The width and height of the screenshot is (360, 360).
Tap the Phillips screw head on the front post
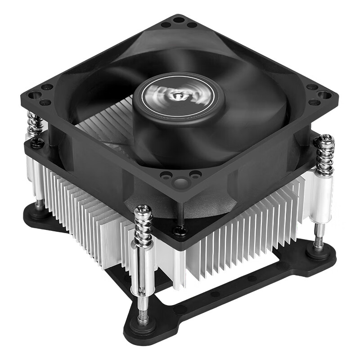pyautogui.click(x=143, y=212)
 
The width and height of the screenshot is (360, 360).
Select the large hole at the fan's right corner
pyautogui.click(x=323, y=94)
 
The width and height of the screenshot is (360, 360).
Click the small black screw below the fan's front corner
pyautogui.click(x=180, y=231)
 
